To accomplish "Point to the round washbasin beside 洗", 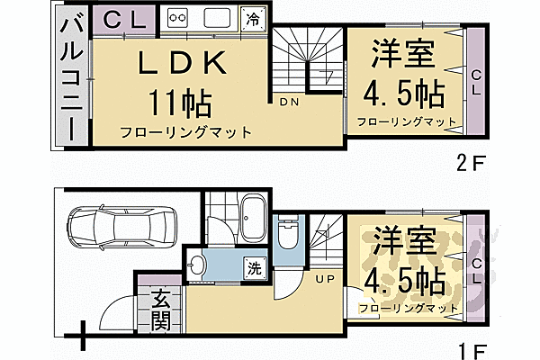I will point(200,265).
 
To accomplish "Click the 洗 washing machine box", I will point(255,267).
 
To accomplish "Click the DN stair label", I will point(288,102).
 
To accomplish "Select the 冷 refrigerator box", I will point(255,19).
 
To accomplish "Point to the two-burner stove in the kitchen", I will point(176,18).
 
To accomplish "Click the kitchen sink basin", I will point(220,19).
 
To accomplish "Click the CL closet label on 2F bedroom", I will point(474,85).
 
